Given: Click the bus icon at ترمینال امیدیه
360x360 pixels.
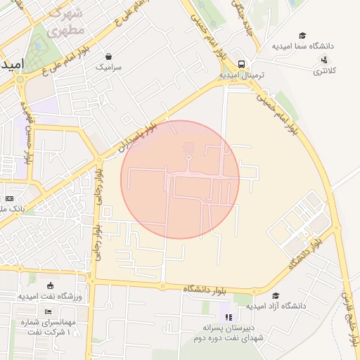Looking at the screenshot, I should pos(241,63).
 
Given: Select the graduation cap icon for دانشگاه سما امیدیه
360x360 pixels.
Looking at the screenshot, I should pos(302,35).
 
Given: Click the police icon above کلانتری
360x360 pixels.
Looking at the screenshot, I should pos(324,60).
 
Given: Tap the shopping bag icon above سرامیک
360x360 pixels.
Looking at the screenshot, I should pos(108,57).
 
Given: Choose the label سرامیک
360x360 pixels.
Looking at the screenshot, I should pos(108,67).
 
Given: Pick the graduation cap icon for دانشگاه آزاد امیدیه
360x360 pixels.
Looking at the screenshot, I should pos(275,295).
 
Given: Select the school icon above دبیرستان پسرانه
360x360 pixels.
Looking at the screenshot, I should pos(227,317).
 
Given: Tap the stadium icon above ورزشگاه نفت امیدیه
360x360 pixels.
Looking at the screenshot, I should pos(50,285).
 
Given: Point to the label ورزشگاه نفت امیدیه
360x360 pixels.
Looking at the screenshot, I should pos(50,297).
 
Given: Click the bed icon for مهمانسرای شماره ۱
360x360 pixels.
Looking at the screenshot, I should pos(48,311).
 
